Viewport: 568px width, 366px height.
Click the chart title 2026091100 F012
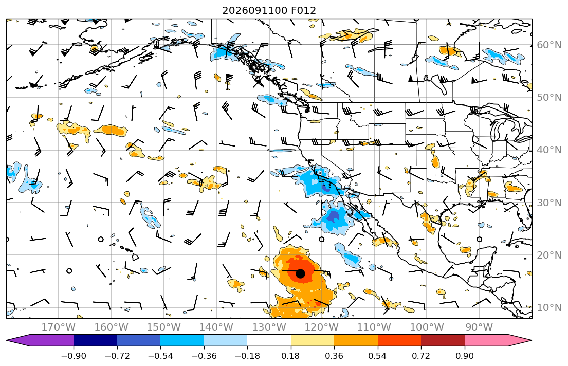pyautogui.click(x=269, y=10)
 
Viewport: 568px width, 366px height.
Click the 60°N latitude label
pyautogui.click(x=549, y=45)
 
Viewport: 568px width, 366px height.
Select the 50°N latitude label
pyautogui.click(x=549, y=98)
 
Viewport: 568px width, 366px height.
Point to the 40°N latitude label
pyautogui.click(x=549, y=150)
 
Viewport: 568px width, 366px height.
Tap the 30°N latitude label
pyautogui.click(x=549, y=203)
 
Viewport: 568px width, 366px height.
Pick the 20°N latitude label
pyautogui.click(x=549, y=255)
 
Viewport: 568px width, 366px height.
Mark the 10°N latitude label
pyautogui.click(x=549, y=308)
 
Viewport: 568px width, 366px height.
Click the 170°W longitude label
pyautogui.click(x=59, y=327)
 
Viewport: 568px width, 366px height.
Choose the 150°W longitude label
pyautogui.click(x=164, y=327)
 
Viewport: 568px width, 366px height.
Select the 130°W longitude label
pyautogui.click(x=269, y=327)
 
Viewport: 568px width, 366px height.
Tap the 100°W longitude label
pyautogui.click(x=427, y=327)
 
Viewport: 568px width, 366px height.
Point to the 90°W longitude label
pyautogui.click(x=479, y=327)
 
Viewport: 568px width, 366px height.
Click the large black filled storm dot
pyautogui.click(x=300, y=273)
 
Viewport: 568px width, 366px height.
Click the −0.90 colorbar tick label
pyautogui.click(x=74, y=356)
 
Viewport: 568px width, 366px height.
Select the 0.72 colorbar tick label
pyautogui.click(x=421, y=356)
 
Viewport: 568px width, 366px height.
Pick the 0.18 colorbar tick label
pyautogui.click(x=291, y=356)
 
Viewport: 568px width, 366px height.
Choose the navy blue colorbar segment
pyautogui.click(x=95, y=340)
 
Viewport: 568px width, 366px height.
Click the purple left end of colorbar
pyautogui.click(x=40, y=340)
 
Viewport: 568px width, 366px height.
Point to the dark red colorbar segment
pyautogui.click(x=443, y=340)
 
